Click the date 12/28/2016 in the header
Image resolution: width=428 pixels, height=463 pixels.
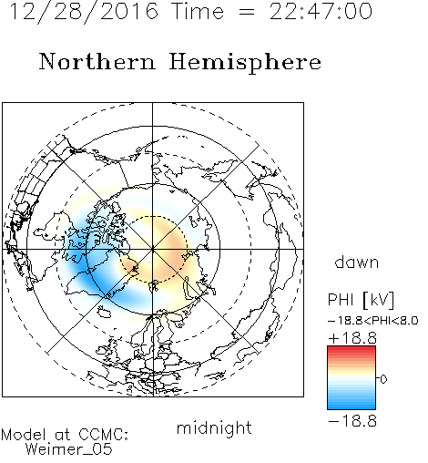84,12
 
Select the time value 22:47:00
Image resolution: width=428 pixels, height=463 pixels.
321,12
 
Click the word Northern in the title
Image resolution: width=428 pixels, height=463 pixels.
97,62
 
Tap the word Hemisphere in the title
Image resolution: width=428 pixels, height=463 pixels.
245,63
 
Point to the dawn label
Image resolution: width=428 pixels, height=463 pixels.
357,262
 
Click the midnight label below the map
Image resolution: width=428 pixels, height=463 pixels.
214,428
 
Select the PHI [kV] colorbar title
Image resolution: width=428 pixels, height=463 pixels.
361,300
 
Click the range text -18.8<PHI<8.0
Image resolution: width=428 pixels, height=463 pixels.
373,321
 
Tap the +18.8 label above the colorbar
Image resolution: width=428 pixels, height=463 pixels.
352,338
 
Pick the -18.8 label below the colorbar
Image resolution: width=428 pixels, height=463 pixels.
352,421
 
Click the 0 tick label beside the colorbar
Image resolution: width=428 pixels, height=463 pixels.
383,379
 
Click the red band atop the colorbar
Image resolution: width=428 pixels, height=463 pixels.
352,350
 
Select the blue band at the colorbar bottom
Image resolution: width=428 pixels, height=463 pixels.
352,406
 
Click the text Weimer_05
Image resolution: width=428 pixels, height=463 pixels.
69,449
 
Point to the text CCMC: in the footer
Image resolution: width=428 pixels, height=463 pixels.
103,435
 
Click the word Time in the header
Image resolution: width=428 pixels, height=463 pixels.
198,12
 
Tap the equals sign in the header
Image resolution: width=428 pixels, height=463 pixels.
247,13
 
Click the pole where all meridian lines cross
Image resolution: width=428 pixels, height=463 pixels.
153,249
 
